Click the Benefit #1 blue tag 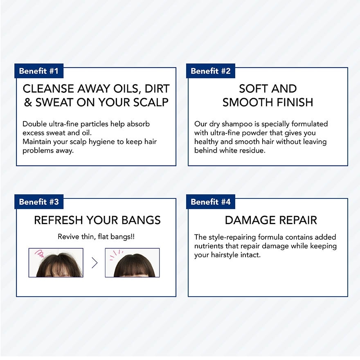pos(39,71)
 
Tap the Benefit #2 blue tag pos(211,71)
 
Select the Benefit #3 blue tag pos(39,202)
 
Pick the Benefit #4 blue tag pos(211,202)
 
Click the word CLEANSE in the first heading pos(48,89)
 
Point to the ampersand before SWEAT pos(28,103)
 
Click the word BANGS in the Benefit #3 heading pos(141,220)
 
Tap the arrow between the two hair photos pos(94,263)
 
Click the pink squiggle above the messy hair pos(39,253)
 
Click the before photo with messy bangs pos(56,263)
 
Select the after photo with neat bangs pos(132,263)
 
